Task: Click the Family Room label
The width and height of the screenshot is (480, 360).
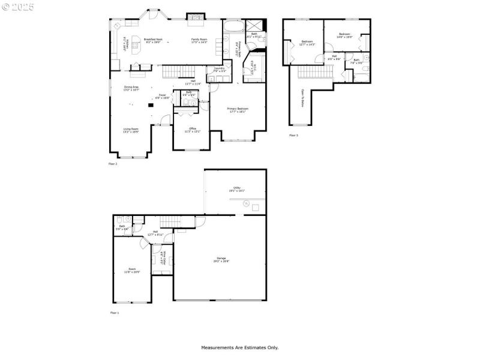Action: [199, 40]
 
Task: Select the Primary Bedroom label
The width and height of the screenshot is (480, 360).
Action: [238, 110]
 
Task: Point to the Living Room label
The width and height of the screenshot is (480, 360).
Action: [131, 130]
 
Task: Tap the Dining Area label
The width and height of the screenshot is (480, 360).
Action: [131, 88]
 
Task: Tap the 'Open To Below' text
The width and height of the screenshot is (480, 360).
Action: [302, 98]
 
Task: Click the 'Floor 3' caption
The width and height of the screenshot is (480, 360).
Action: [293, 136]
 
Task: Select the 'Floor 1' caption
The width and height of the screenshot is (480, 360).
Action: [115, 313]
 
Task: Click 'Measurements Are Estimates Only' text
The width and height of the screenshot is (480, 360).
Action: [239, 347]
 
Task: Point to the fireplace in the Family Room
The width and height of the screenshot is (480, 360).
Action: [195, 17]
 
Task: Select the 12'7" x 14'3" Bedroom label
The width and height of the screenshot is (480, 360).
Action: [308, 43]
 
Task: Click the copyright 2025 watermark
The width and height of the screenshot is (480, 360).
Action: [18, 7]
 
